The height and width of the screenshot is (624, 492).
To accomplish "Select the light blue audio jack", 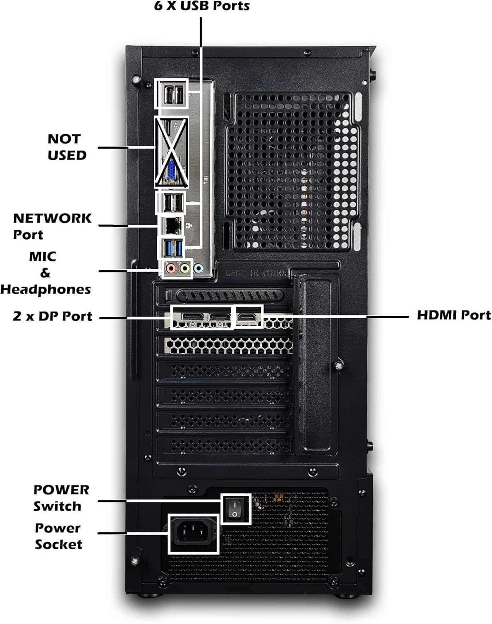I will point(198,269).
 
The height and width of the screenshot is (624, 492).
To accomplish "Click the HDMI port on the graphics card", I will point(249,317).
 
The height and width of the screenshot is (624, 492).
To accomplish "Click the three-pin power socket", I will point(193,533).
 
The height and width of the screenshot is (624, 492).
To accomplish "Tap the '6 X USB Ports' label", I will point(202,6).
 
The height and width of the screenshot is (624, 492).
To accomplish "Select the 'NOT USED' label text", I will point(66,147).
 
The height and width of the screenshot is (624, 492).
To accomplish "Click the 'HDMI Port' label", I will point(453,315).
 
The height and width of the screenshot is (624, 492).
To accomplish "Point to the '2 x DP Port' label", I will point(52,316).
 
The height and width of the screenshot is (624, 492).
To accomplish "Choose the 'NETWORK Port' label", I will point(52,226).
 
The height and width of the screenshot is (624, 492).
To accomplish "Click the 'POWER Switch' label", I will point(61,498).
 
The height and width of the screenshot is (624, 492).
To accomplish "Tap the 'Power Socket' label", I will point(58,536).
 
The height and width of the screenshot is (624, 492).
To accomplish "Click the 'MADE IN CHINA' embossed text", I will point(256,273).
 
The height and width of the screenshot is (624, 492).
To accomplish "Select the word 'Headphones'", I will point(45,289).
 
